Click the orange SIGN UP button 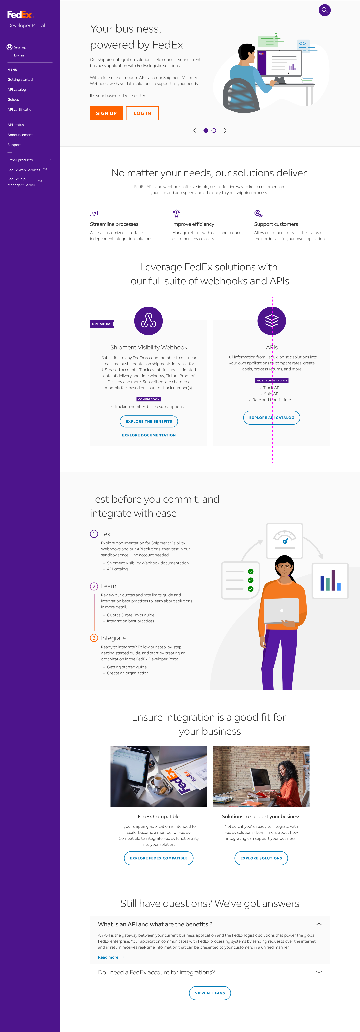click(106, 113)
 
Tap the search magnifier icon click(324, 10)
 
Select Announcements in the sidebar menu click(21, 135)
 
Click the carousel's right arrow click(225, 131)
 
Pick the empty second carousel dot click(214, 131)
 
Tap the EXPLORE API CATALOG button click(271, 417)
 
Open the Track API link click(271, 388)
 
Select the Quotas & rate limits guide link click(130, 615)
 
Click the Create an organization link click(128, 673)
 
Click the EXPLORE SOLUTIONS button click(261, 858)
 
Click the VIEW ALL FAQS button click(210, 993)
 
